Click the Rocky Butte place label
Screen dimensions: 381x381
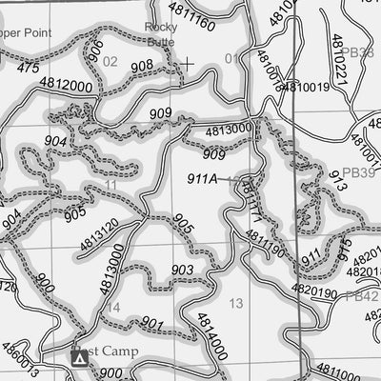(161, 34)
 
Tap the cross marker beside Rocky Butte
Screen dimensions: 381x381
(188, 64)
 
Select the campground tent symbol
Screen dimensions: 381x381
(80, 357)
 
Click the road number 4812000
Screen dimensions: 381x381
(66, 85)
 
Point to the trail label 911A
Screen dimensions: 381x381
(203, 177)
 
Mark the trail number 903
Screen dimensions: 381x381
(183, 271)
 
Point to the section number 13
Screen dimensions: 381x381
(236, 303)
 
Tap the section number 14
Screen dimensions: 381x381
(113, 307)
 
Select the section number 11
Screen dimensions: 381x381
(111, 184)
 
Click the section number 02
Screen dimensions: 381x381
(110, 62)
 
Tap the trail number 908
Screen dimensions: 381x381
(141, 66)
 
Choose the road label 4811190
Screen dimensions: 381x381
(265, 245)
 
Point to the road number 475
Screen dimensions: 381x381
(28, 69)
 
